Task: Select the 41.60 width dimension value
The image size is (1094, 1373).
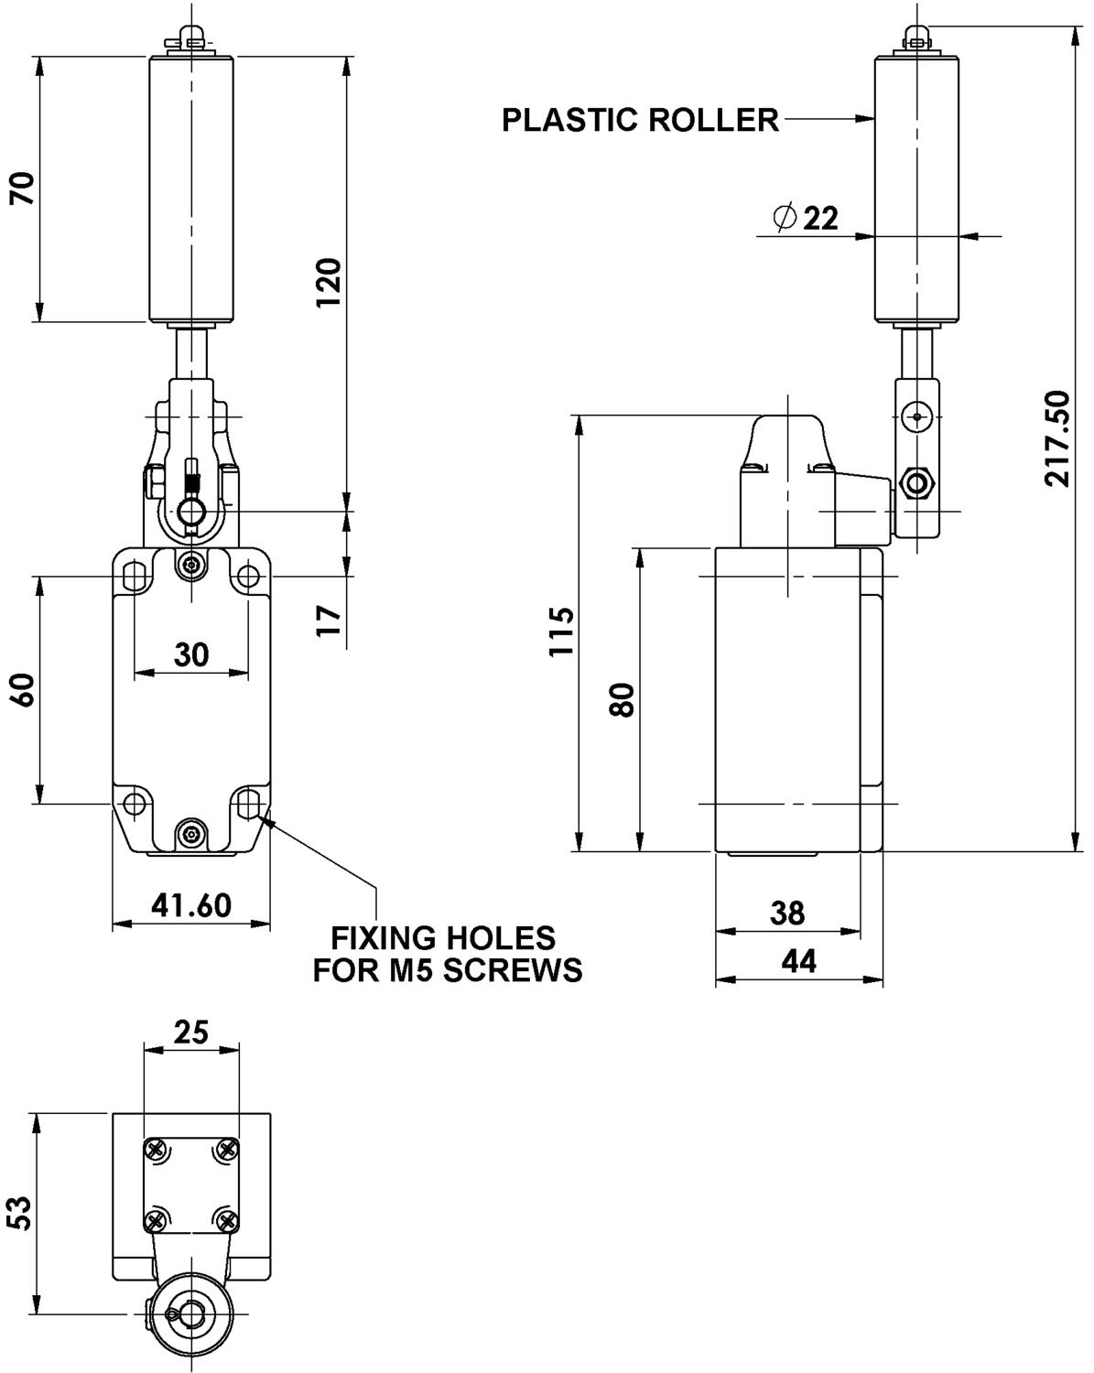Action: pyautogui.click(x=191, y=905)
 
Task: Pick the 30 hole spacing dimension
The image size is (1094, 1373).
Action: pyautogui.click(x=191, y=654)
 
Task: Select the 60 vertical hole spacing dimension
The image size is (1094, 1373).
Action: pyautogui.click(x=24, y=689)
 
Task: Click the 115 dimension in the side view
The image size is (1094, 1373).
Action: pyautogui.click(x=559, y=631)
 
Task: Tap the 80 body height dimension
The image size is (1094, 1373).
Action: pyautogui.click(x=623, y=700)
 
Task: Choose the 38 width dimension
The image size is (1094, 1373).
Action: pyautogui.click(x=787, y=913)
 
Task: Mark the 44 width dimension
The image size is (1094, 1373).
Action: pyautogui.click(x=798, y=960)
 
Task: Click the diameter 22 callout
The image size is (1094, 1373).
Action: pyautogui.click(x=807, y=218)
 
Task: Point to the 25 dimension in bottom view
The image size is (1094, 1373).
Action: pyautogui.click(x=191, y=1032)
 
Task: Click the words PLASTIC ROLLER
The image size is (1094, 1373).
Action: pyautogui.click(x=640, y=120)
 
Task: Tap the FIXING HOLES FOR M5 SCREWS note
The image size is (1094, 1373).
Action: pyautogui.click(x=446, y=954)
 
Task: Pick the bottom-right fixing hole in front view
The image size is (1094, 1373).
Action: pyautogui.click(x=247, y=804)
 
